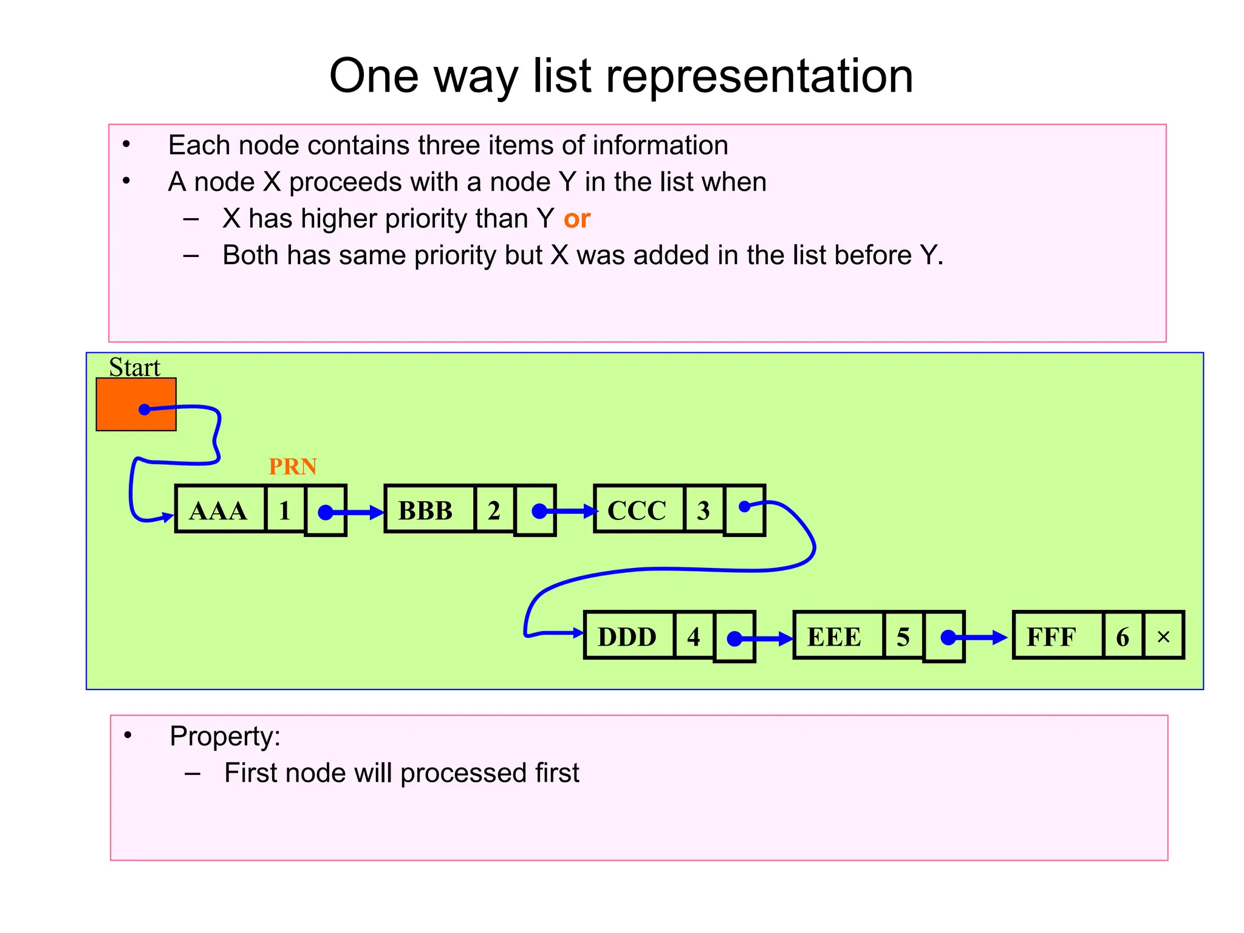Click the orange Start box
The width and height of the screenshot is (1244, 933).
(x=135, y=404)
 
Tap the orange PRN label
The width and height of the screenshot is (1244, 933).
(x=293, y=466)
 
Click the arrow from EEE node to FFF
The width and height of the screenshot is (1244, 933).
(x=981, y=638)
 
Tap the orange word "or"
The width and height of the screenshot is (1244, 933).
(x=576, y=219)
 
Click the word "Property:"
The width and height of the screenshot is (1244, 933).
(x=225, y=736)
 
